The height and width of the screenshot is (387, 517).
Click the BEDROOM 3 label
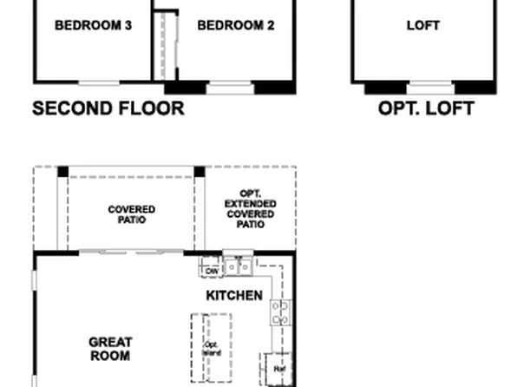point(93,25)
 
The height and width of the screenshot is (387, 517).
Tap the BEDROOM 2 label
point(236,25)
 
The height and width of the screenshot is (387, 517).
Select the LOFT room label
point(423,25)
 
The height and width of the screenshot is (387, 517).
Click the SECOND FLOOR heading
point(108,108)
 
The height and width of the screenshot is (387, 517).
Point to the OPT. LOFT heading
point(426,108)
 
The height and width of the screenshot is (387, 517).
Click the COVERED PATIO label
point(132,214)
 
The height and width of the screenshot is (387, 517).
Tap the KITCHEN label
point(234,296)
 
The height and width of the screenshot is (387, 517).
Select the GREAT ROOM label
point(110,349)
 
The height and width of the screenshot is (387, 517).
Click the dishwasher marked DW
point(212,271)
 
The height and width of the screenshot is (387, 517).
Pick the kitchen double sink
point(238,266)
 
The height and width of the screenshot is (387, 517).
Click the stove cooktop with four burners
point(279,312)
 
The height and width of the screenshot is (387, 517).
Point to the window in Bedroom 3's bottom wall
point(98,83)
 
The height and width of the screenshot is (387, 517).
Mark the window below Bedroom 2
point(230,87)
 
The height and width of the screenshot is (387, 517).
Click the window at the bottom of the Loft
point(430,87)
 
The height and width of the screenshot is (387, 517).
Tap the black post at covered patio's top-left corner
point(62,172)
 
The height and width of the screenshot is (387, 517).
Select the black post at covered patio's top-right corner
point(200,172)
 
